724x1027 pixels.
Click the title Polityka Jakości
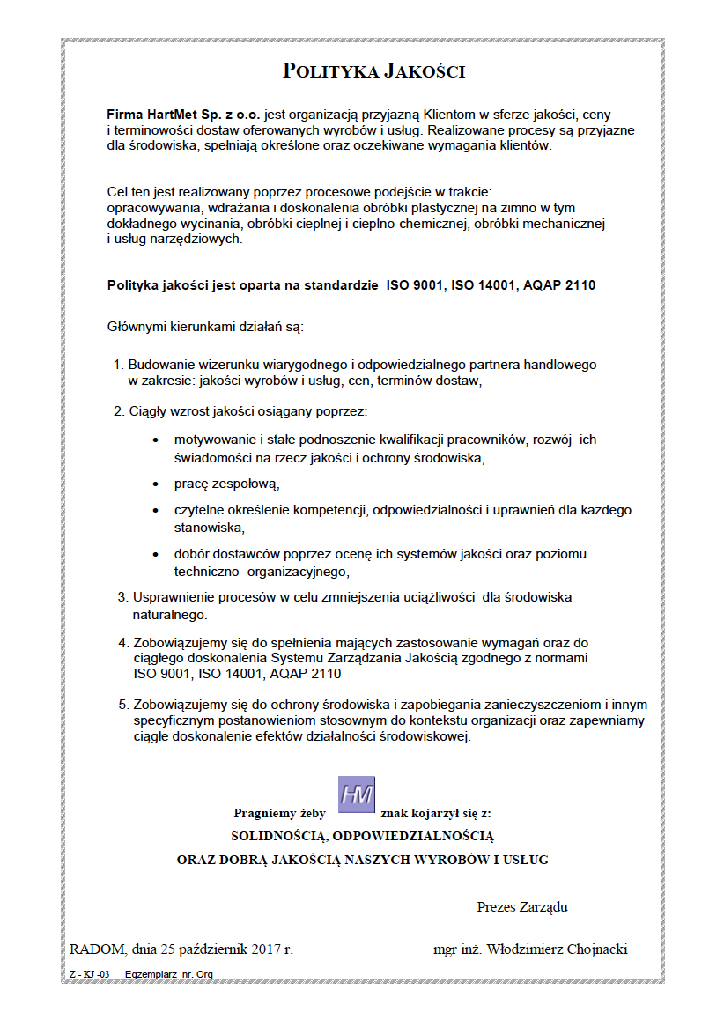(x=373, y=71)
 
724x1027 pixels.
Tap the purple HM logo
(x=357, y=794)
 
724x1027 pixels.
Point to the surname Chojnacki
(x=596, y=949)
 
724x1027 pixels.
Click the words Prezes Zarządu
(x=522, y=906)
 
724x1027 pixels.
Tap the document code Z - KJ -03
(x=89, y=974)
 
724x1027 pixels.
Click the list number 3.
(x=122, y=597)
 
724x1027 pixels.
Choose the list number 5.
(x=122, y=705)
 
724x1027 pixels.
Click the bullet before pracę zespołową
(x=156, y=484)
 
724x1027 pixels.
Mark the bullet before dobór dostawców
(x=156, y=555)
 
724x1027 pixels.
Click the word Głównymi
(x=137, y=328)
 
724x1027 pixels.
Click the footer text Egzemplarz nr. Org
(x=169, y=974)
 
